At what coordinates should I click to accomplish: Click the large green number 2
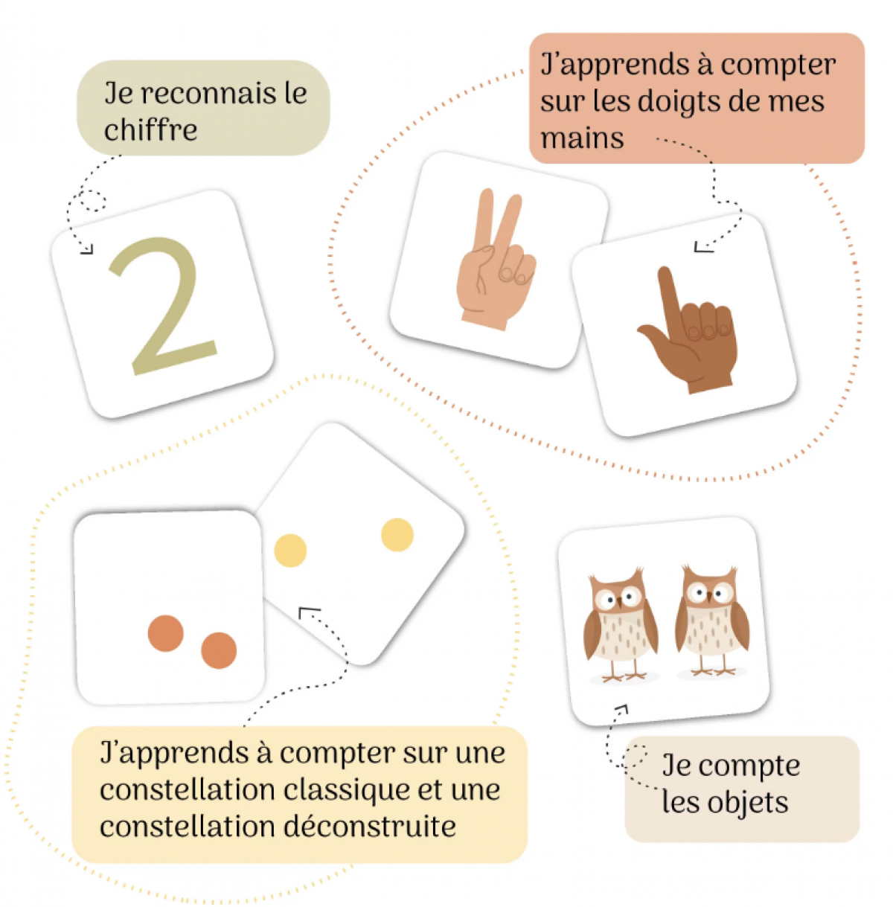pos(162,305)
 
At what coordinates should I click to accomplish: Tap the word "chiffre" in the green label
pos(150,130)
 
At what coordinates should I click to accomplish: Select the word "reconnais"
pos(205,94)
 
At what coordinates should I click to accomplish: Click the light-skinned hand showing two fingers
pos(495,260)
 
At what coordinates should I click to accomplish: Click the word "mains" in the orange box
pos(582,138)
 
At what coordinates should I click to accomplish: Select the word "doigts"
pos(682,101)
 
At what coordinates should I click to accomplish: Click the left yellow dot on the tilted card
pos(290,551)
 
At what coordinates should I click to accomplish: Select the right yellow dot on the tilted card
pos(397,534)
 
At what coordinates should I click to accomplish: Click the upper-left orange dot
pos(165,633)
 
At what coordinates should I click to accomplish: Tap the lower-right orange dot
pos(219,650)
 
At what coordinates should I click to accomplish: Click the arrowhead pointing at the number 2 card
pos(89,249)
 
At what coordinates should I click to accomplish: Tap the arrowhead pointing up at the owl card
pos(621,709)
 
